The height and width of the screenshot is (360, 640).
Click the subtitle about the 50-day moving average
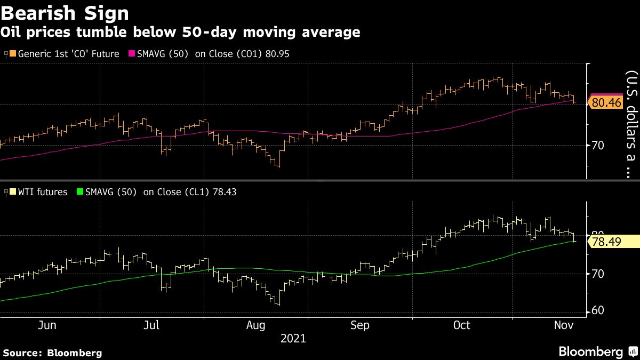180,32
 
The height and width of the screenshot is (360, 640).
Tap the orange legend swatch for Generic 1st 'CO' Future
13,54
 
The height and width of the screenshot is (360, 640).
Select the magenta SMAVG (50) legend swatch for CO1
132,54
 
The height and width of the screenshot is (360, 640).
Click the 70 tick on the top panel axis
599,145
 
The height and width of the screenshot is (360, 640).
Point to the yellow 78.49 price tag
607,242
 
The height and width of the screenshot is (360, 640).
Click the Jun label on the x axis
48,325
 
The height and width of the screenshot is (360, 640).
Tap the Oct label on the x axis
462,325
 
